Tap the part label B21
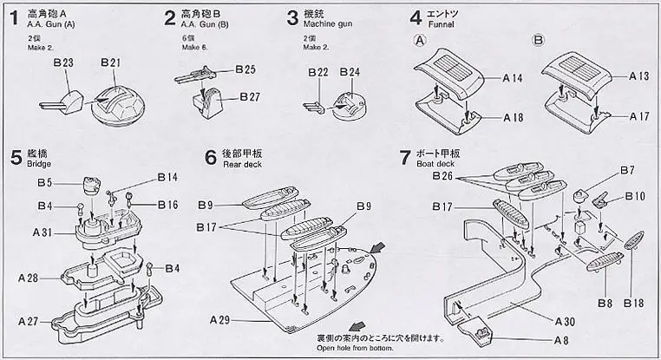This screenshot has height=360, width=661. click(x=111, y=62)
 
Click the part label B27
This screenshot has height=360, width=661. click(x=250, y=95)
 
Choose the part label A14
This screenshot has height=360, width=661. click(x=514, y=77)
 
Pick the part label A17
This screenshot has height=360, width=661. click(x=640, y=115)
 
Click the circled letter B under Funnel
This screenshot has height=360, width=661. click(x=539, y=40)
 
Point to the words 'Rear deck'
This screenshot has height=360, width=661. click(x=242, y=164)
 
